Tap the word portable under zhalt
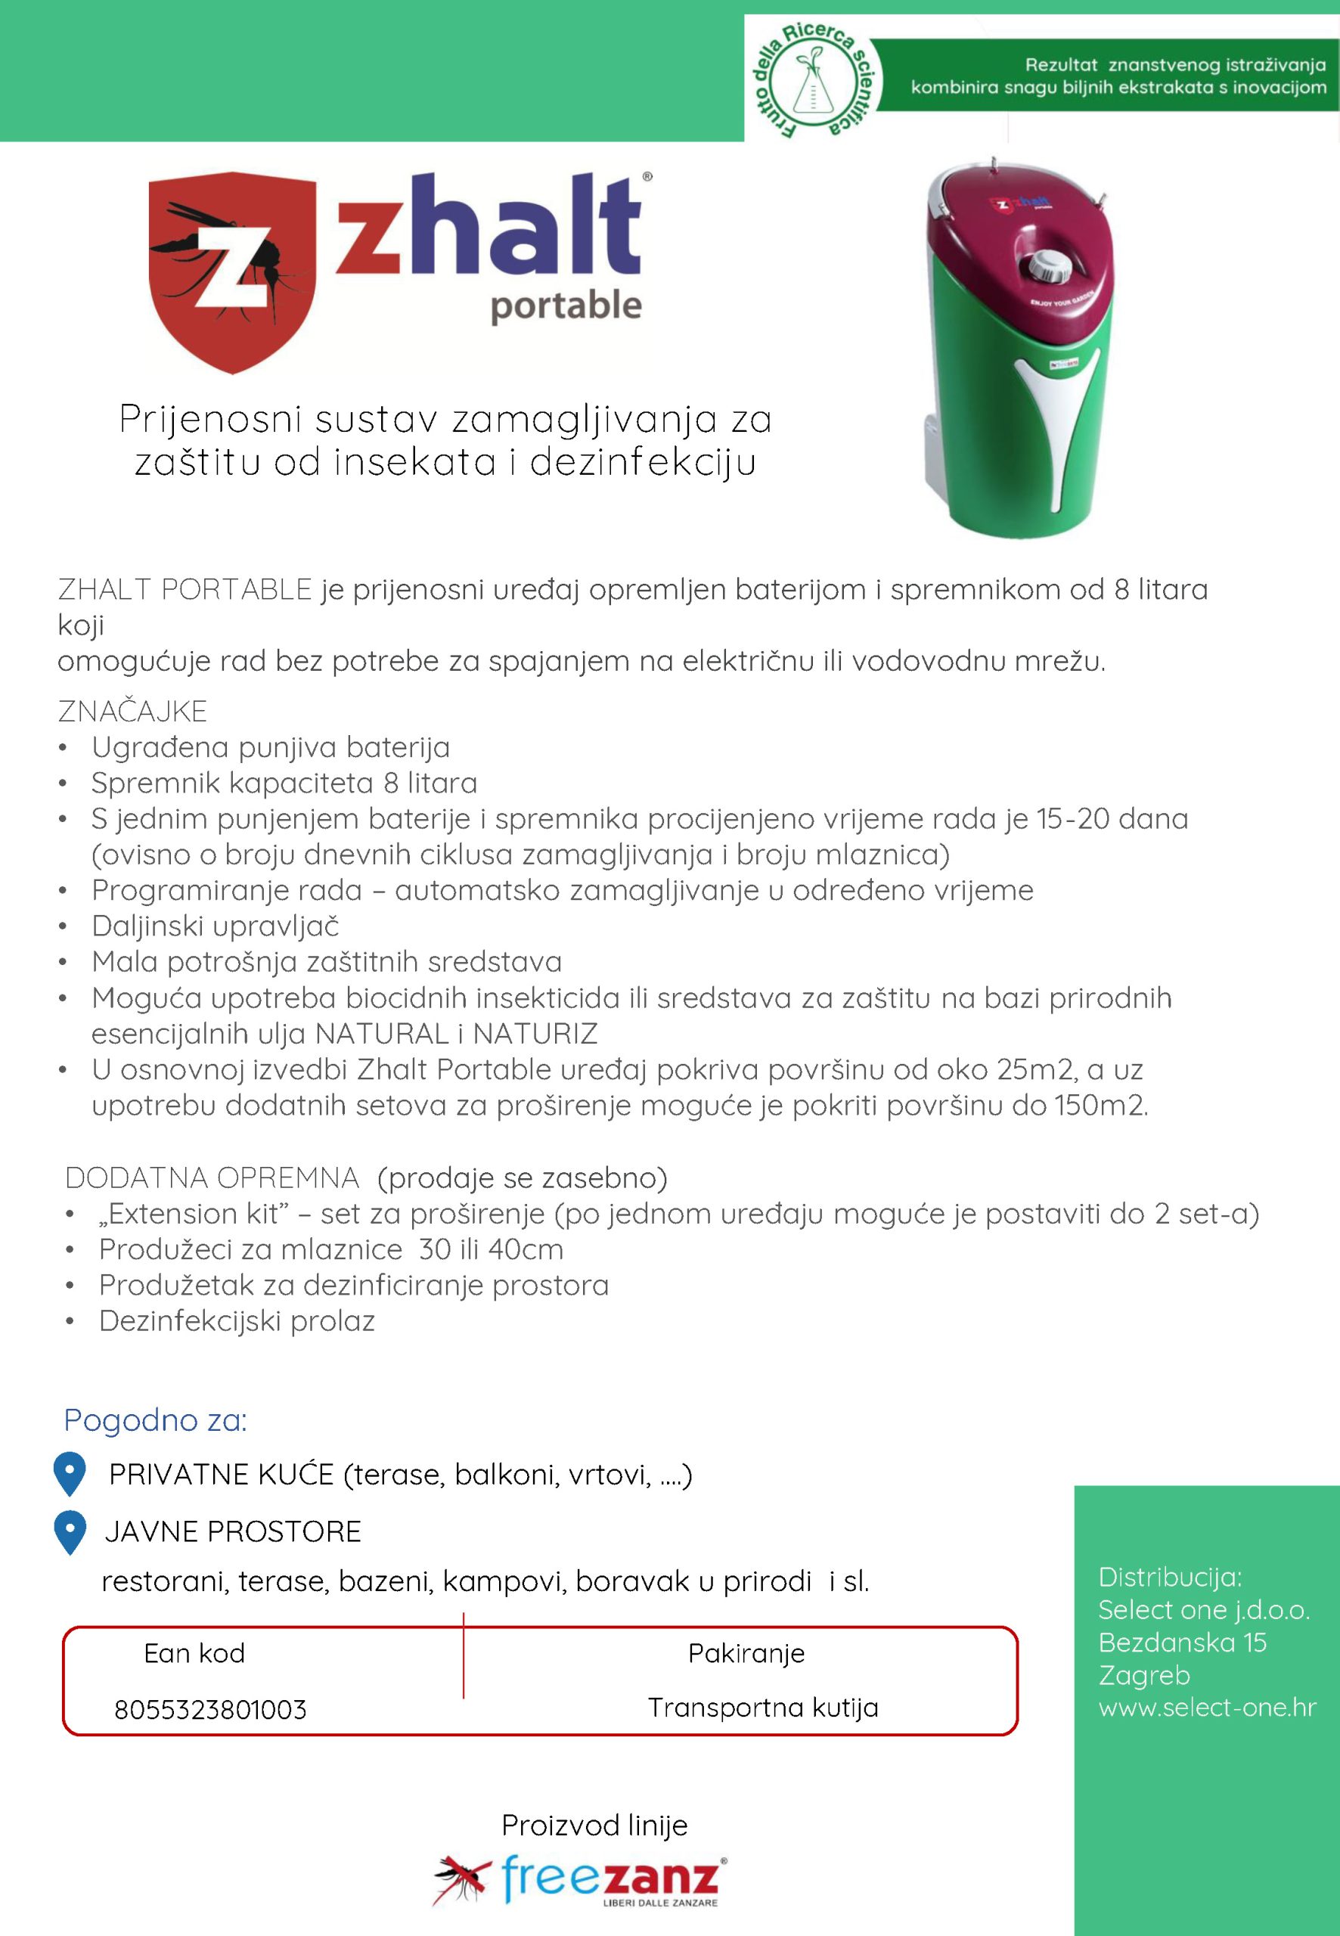tap(566, 306)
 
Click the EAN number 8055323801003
tap(211, 1709)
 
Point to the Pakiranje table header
tap(746, 1653)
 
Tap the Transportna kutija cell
tap(762, 1707)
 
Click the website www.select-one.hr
tap(1206, 1707)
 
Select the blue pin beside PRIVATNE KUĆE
tap(70, 1473)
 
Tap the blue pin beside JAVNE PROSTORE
tap(70, 1532)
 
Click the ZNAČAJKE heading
tap(132, 711)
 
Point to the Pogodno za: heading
tap(155, 1419)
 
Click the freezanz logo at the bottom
tap(579, 1880)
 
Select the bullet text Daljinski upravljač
tap(215, 925)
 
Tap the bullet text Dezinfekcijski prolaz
tap(237, 1320)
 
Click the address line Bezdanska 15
tap(1182, 1641)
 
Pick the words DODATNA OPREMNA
tap(212, 1178)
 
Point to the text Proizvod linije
tap(594, 1824)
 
